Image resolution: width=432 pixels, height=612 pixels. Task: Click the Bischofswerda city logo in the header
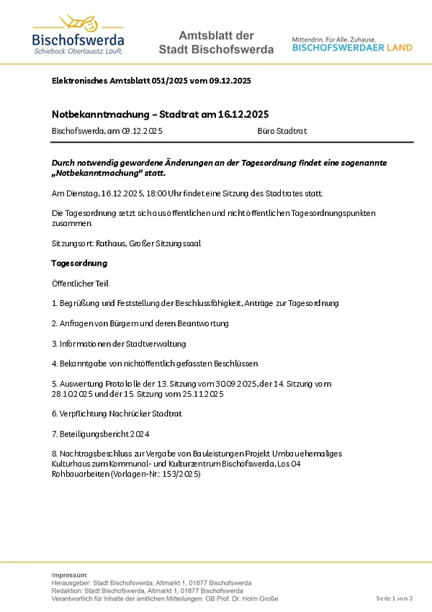78,35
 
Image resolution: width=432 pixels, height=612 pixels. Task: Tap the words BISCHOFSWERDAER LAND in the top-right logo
352,48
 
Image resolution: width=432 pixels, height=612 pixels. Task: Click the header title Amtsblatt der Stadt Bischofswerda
216,42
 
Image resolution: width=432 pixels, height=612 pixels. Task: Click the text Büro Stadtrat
282,131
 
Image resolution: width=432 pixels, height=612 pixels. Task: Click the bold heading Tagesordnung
79,264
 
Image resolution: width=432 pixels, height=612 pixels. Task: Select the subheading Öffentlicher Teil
81,284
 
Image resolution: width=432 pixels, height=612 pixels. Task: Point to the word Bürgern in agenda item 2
127,324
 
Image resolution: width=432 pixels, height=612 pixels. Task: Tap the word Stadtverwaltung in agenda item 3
153,343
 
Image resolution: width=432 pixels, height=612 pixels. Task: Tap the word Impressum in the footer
69,575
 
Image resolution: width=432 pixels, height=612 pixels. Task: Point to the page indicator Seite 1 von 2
395,599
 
